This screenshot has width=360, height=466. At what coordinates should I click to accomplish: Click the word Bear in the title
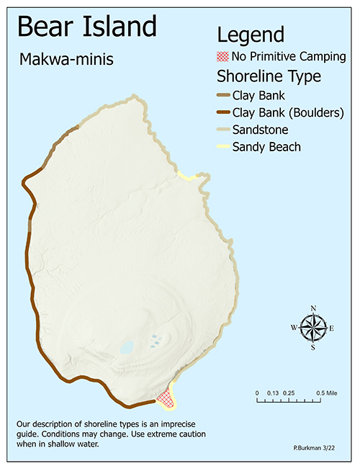click(x=48, y=27)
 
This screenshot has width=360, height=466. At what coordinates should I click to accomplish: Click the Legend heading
click(x=251, y=34)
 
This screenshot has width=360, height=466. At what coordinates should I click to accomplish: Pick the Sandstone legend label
click(x=260, y=130)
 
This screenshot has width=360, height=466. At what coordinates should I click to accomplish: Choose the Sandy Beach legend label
click(x=266, y=147)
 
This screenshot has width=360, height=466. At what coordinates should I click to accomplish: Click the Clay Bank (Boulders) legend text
click(x=287, y=112)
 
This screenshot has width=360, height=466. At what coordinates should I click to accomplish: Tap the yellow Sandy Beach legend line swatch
click(x=222, y=148)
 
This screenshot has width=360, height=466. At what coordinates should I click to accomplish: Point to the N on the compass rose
click(x=313, y=308)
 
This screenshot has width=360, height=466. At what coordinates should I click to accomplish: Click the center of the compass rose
click(x=312, y=328)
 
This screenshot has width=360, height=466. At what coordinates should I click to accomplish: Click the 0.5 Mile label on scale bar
click(x=326, y=393)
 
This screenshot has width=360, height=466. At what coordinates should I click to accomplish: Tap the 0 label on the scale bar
click(x=258, y=393)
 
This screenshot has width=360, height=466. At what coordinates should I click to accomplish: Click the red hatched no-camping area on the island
click(x=166, y=396)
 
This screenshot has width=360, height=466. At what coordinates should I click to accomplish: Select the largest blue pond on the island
click(x=127, y=347)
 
